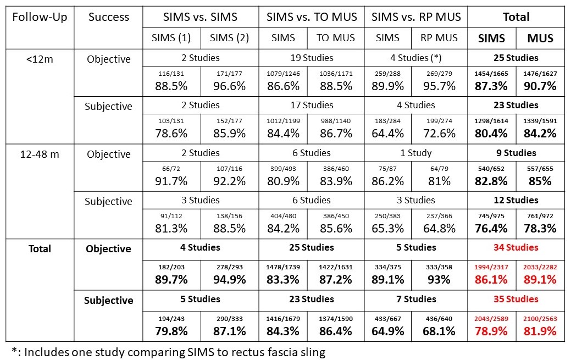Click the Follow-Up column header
[40, 16]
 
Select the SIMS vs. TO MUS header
[312, 16]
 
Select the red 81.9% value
[540, 331]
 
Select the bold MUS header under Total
[540, 38]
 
